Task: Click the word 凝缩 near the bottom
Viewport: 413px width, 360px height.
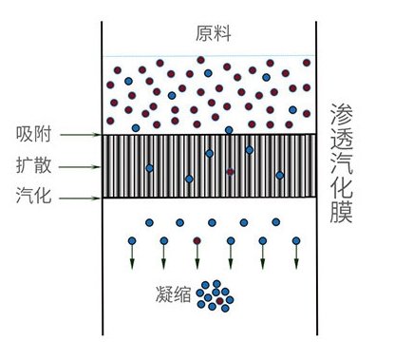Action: (x=173, y=295)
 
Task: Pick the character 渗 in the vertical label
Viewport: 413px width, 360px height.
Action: (x=341, y=117)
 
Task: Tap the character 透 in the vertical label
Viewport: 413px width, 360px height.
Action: (x=341, y=147)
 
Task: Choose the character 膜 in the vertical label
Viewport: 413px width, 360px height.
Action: (x=341, y=237)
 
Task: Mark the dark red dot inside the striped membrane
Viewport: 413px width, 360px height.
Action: (x=230, y=172)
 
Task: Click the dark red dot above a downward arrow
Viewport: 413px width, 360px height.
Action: (x=197, y=240)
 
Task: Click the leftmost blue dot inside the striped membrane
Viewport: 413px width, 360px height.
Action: (x=149, y=169)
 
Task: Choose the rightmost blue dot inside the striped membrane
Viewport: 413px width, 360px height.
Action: (x=279, y=176)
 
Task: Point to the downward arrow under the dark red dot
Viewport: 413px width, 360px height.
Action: (x=197, y=258)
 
